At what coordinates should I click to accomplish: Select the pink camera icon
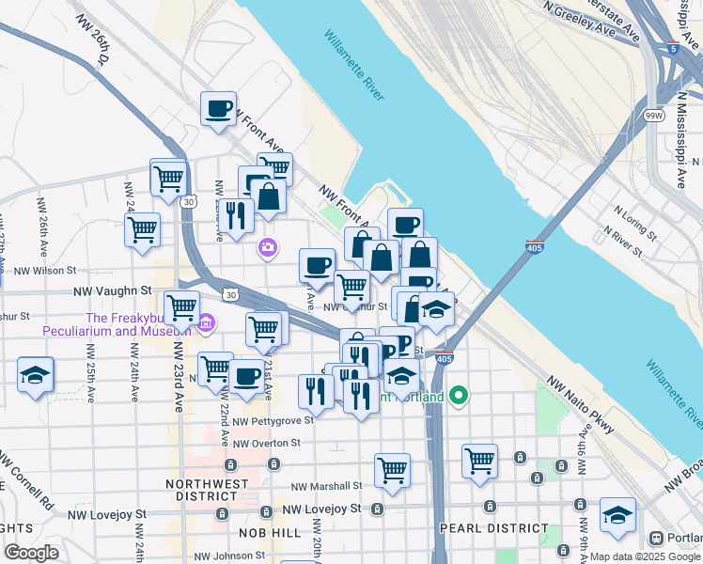(x=268, y=247)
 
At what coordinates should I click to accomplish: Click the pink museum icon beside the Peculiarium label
(x=206, y=324)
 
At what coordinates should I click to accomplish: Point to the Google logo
(x=32, y=553)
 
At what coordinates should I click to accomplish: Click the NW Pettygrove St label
(x=273, y=421)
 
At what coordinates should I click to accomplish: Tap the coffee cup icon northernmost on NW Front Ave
(x=218, y=109)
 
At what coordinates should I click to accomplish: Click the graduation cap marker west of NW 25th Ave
(x=36, y=374)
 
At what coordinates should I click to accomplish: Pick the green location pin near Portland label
(x=458, y=396)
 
